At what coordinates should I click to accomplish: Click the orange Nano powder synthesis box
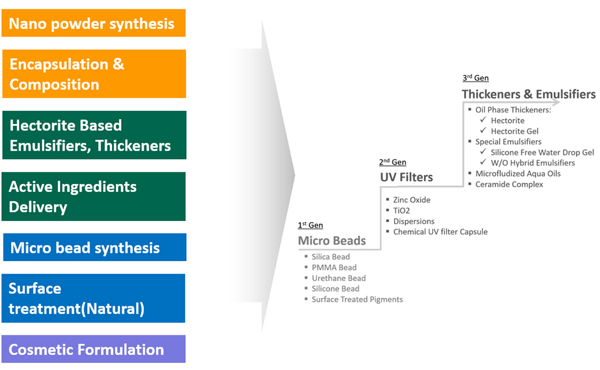pos(93,23)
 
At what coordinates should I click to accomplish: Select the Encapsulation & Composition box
pos(93,74)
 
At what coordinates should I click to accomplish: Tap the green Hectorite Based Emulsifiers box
pos(93,135)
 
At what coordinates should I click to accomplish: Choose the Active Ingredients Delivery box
pos(93,196)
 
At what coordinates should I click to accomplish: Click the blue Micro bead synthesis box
pos(95,248)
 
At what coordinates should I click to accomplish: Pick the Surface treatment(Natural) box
pos(93,298)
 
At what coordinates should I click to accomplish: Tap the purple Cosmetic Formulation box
pos(93,349)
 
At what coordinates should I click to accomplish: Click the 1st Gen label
pos(310,226)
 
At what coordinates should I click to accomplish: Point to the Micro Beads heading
pos(332,241)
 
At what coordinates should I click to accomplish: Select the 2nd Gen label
pos(392,163)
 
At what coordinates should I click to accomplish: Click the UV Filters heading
pos(406,177)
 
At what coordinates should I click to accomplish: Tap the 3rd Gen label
pos(475,78)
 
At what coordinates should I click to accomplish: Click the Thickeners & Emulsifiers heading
pos(528,94)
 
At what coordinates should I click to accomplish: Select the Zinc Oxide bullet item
pos(412,200)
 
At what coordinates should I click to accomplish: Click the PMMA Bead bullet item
pos(334,267)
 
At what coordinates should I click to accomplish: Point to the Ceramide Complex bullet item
pos(509,184)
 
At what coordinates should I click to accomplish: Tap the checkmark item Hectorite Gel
pos(514,131)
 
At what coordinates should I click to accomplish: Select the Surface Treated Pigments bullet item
pos(357,299)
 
